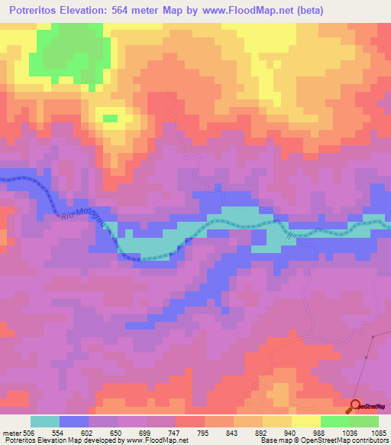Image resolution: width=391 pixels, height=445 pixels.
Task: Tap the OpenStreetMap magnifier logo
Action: [x=356, y=408]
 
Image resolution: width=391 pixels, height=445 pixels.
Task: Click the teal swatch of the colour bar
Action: [x=45, y=421]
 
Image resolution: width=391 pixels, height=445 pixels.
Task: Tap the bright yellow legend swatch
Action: [x=305, y=421]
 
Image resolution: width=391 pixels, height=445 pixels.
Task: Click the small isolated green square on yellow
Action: [x=110, y=118]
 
